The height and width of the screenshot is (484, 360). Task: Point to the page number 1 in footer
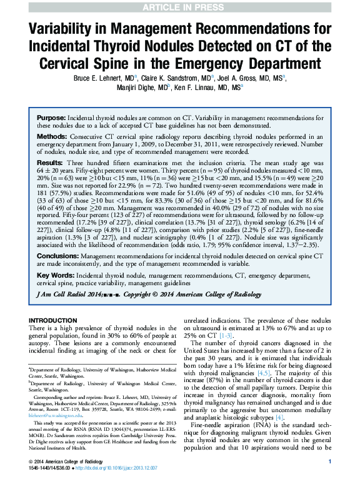coord(329,461)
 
